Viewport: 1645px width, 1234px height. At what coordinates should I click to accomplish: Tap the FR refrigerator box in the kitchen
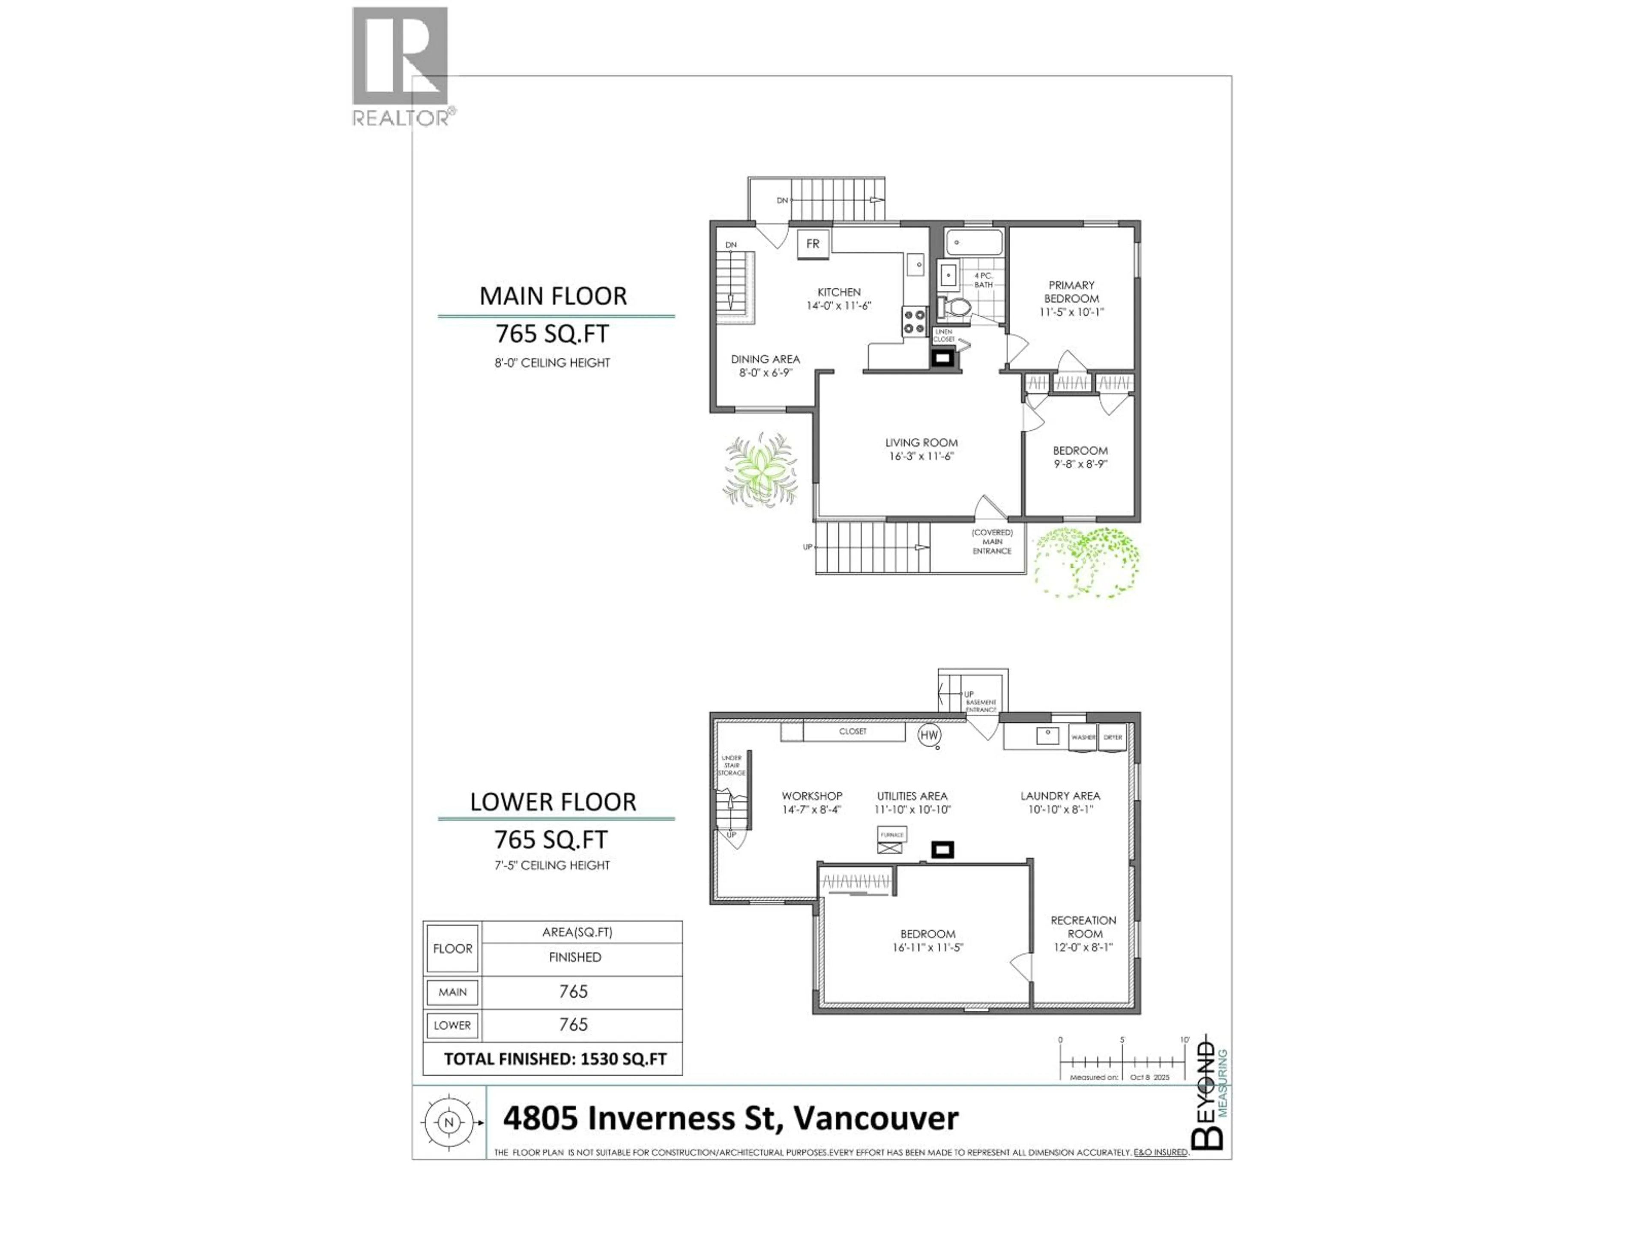point(813,244)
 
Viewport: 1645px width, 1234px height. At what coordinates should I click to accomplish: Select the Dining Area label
point(765,359)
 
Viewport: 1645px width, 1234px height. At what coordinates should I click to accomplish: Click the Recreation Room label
point(1083,927)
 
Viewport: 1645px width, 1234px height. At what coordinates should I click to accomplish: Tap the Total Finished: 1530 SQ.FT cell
point(555,1058)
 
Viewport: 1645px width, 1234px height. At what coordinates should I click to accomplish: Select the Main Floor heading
point(553,296)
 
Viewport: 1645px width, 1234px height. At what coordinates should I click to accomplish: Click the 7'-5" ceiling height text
point(552,865)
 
